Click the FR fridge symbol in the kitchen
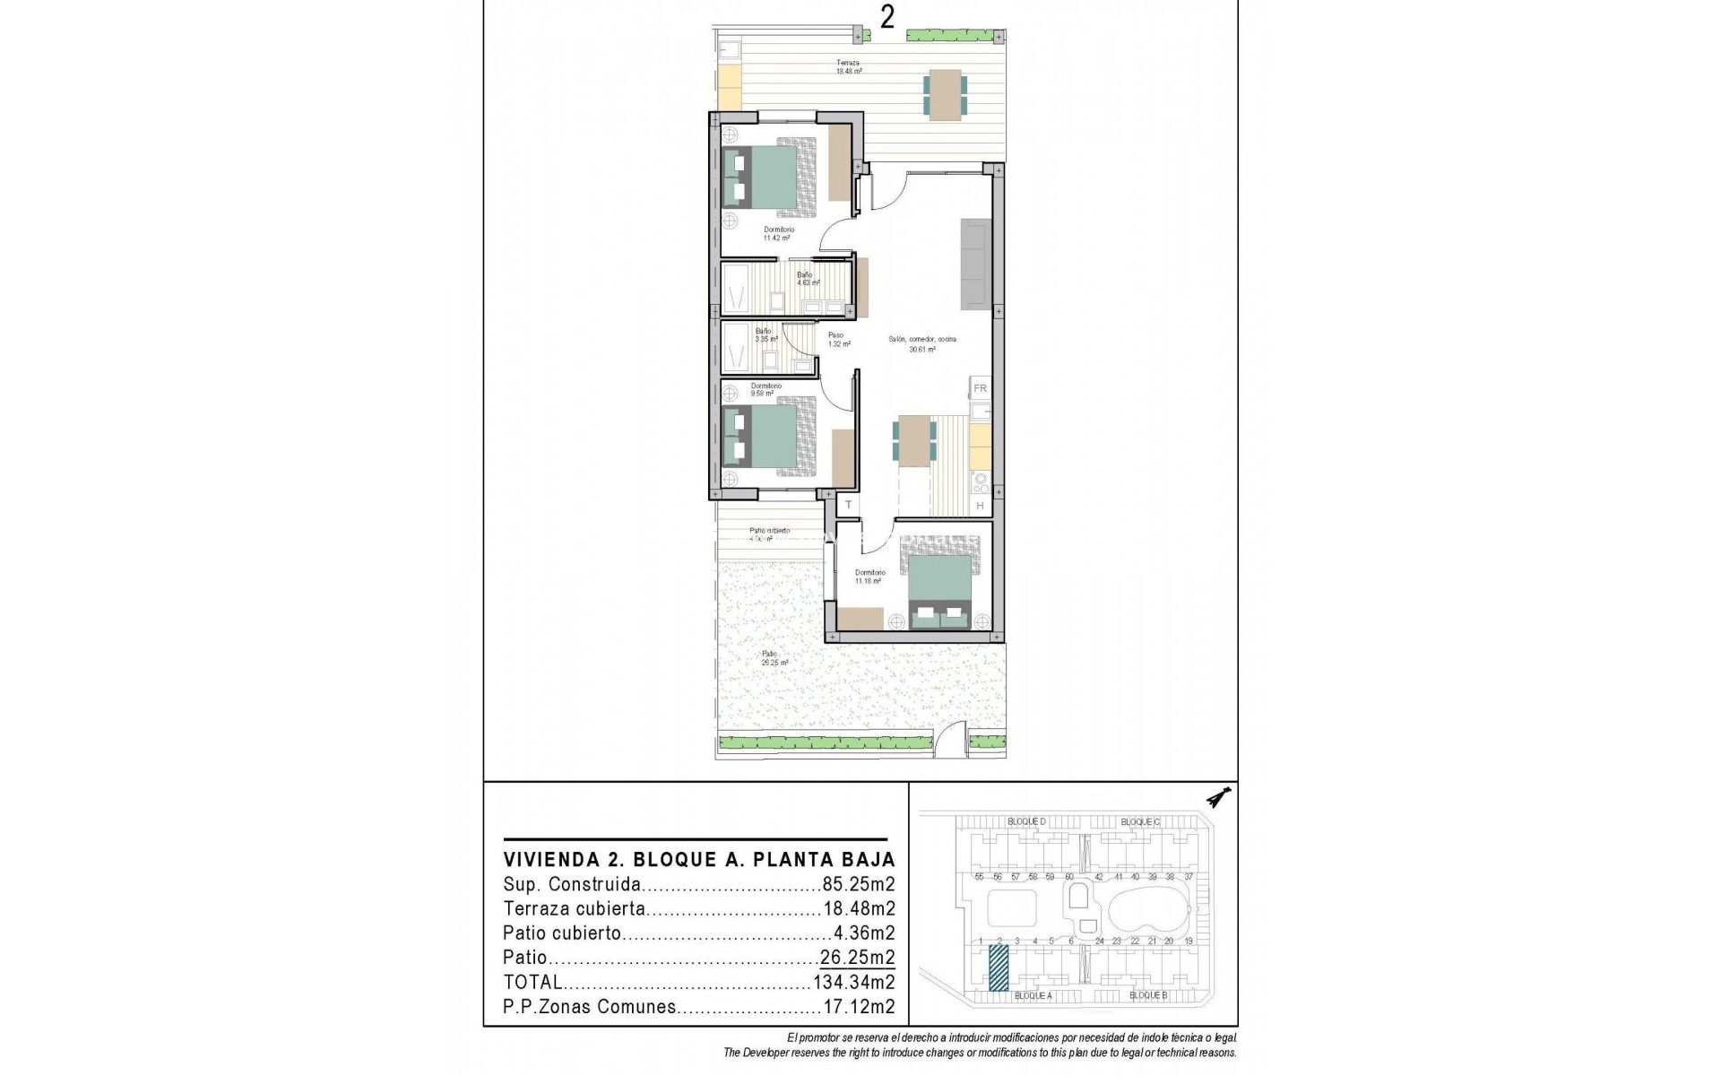(980, 388)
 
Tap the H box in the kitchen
(980, 506)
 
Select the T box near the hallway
(848, 505)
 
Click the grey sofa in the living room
(976, 264)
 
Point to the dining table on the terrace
(945, 94)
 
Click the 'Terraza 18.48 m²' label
(848, 67)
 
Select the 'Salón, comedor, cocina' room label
(922, 344)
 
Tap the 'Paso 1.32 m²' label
(838, 340)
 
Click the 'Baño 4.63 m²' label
(807, 279)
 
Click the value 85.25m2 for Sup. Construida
(858, 884)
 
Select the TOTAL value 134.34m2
(853, 982)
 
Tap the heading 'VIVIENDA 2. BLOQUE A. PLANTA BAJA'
(699, 860)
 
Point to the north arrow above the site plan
(1218, 797)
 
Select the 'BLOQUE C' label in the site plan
(1140, 821)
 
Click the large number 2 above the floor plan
(886, 17)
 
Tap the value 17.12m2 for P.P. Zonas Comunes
(858, 1006)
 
